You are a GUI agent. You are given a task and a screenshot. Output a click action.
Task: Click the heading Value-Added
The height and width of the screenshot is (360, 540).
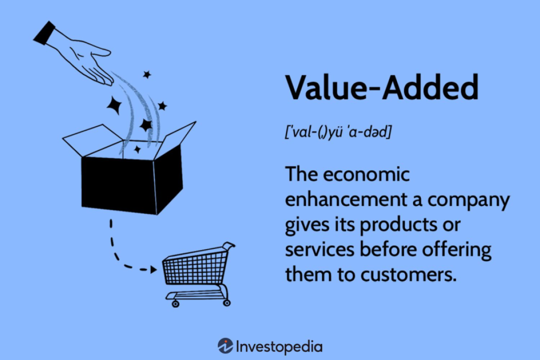click(x=382, y=87)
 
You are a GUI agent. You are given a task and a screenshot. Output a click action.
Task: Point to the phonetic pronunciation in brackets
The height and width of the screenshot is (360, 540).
click(x=338, y=132)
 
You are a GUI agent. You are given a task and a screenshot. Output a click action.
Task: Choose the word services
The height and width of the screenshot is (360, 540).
click(x=320, y=250)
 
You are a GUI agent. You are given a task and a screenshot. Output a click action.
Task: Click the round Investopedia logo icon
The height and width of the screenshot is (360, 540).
click(x=225, y=346)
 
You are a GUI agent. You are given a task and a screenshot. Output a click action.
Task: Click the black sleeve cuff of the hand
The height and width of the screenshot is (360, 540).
click(x=44, y=33)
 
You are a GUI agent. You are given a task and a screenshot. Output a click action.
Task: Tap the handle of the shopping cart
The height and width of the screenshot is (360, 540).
click(x=229, y=245)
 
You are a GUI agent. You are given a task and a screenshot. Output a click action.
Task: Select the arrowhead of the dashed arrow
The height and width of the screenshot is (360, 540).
click(x=154, y=270)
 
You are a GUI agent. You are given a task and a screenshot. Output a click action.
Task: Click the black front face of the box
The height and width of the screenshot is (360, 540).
click(x=119, y=184)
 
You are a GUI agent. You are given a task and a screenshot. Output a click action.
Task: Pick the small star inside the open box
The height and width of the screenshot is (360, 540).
click(x=137, y=149)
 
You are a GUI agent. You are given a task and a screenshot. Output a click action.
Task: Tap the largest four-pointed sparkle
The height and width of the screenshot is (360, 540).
click(x=114, y=105)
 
